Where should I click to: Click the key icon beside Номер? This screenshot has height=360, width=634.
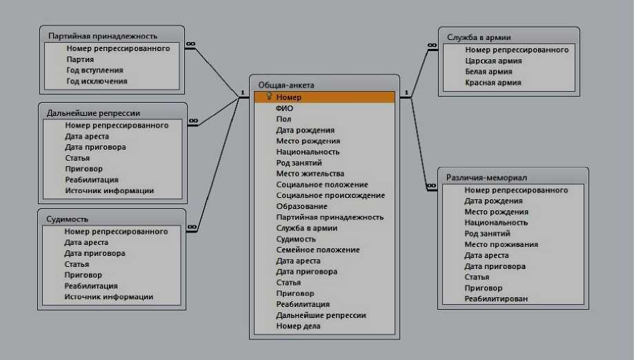(x=268, y=97)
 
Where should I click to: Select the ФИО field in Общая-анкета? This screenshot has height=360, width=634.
(x=284, y=108)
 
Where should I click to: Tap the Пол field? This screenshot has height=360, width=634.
(x=284, y=119)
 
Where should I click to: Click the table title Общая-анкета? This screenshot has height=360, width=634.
(x=286, y=84)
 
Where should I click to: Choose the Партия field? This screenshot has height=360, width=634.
(x=81, y=59)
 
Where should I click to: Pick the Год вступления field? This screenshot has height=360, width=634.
(x=95, y=70)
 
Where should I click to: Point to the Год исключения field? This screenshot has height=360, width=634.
(x=97, y=81)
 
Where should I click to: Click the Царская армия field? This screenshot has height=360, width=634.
(x=493, y=61)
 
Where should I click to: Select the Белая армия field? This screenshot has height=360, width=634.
(x=488, y=72)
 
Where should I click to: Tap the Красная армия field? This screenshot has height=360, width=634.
(x=493, y=83)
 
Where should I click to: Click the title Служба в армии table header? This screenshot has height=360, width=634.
(x=479, y=37)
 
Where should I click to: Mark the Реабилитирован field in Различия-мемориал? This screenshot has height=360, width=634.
(x=496, y=299)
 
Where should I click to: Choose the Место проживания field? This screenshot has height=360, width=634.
(x=501, y=244)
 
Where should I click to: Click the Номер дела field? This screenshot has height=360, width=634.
(x=298, y=326)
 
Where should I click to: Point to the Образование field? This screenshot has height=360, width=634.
(x=301, y=206)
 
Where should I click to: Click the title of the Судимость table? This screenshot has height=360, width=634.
(x=68, y=219)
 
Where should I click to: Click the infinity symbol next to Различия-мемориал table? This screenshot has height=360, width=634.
(x=431, y=185)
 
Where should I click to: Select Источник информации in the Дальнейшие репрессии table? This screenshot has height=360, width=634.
(x=109, y=190)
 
